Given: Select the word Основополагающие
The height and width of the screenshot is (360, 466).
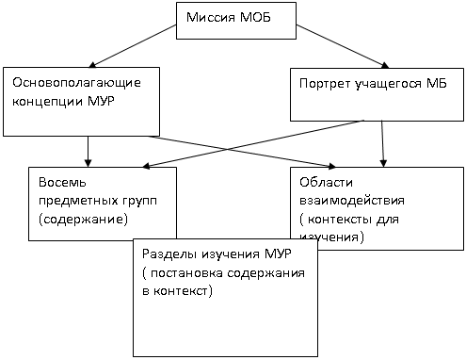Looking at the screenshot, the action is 76,83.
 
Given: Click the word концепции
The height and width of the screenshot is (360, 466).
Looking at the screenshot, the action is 47,102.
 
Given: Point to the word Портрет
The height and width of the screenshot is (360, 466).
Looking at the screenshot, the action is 325,84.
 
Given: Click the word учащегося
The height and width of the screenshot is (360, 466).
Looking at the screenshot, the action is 388,84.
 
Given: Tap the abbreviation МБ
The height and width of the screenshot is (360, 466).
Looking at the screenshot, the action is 436,83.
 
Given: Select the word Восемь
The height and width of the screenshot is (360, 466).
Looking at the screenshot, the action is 62,182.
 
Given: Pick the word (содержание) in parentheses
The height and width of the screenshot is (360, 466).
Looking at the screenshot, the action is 83,220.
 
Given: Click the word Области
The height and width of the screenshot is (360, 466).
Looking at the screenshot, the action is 326,182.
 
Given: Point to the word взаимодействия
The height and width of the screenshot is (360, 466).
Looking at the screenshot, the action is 352,201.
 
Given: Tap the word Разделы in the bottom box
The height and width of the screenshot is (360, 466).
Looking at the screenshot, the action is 169,254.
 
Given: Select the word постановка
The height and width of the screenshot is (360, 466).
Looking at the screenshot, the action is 186,273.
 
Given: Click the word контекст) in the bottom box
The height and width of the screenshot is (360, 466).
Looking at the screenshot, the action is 183,291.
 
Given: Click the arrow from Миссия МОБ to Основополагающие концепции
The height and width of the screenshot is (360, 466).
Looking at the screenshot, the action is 133,46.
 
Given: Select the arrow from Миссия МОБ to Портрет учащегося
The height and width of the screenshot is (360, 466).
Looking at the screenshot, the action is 343,46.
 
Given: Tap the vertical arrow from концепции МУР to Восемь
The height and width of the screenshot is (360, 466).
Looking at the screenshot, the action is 88,152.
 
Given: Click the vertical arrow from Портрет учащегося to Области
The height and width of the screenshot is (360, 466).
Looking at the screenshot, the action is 382,143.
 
